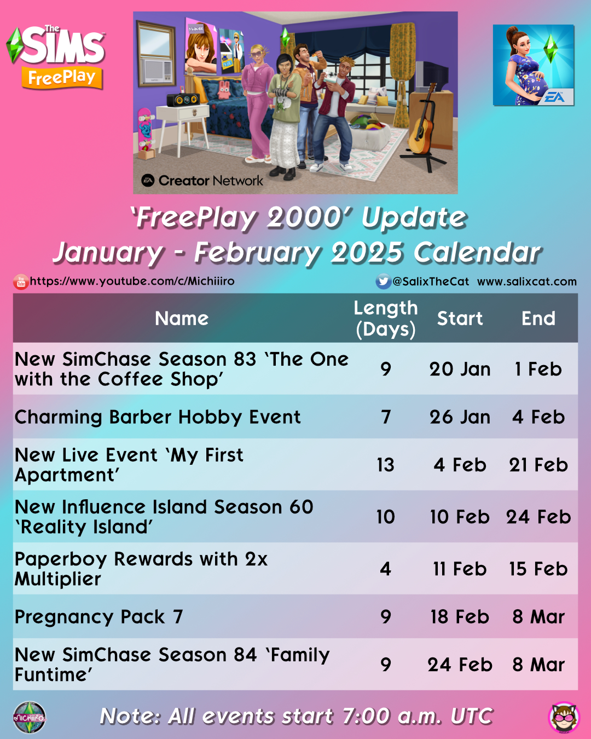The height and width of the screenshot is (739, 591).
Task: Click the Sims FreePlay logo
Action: tap(56, 57)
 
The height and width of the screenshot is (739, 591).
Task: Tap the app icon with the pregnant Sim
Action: tap(534, 65)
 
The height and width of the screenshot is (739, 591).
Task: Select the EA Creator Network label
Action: tap(202, 180)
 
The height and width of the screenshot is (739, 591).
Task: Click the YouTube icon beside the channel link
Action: tap(21, 282)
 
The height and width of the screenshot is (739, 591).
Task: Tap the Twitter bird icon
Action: tap(383, 281)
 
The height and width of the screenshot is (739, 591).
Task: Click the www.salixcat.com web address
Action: tap(527, 281)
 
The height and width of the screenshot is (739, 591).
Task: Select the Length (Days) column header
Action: tap(386, 319)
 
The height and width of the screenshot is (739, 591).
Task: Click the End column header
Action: tap(538, 319)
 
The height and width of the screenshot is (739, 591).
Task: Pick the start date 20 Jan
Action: tap(460, 369)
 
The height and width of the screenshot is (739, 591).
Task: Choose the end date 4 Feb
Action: tap(538, 417)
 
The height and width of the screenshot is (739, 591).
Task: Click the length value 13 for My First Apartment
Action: tap(385, 465)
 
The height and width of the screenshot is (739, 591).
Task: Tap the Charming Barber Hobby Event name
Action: tap(158, 417)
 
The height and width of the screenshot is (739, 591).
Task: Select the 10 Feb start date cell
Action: tap(460, 516)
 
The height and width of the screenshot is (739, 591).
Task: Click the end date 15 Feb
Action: tap(538, 569)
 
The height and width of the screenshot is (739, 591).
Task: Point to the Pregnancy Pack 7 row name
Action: tap(99, 617)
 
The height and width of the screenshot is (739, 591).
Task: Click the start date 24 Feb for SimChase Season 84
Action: tap(460, 665)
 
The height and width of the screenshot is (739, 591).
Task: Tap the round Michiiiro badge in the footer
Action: tap(30, 717)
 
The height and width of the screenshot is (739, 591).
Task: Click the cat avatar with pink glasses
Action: tap(564, 717)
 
